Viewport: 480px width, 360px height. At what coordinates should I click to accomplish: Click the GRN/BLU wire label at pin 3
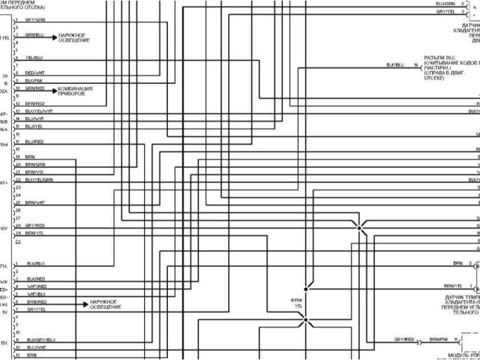pyautogui.click(x=35, y=34)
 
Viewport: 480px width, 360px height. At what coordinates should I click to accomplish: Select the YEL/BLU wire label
pyautogui.click(x=34, y=57)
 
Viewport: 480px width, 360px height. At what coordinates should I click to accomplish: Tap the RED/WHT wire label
pyautogui.click(x=35, y=72)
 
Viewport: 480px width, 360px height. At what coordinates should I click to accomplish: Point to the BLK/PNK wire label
pyautogui.click(x=34, y=79)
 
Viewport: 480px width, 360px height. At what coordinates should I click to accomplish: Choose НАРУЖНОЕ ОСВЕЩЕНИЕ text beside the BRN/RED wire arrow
pyautogui.click(x=106, y=304)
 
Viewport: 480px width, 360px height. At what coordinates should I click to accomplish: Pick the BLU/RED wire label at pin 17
pyautogui.click(x=34, y=141)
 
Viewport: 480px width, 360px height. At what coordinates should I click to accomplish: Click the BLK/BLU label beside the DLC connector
pyautogui.click(x=394, y=65)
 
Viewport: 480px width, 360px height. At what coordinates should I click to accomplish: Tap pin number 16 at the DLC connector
pyautogui.click(x=415, y=65)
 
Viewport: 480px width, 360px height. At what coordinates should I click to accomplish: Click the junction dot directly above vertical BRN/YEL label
pyautogui.click(x=305, y=287)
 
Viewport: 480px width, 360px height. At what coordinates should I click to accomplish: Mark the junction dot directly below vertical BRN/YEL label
pyautogui.click(x=305, y=320)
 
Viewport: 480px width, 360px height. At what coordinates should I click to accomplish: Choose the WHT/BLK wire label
pyautogui.click(x=36, y=294)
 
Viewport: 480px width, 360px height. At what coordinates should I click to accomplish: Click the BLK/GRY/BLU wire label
pyautogui.click(x=40, y=340)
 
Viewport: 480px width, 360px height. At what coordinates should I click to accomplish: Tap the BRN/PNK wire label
pyautogui.click(x=438, y=340)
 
